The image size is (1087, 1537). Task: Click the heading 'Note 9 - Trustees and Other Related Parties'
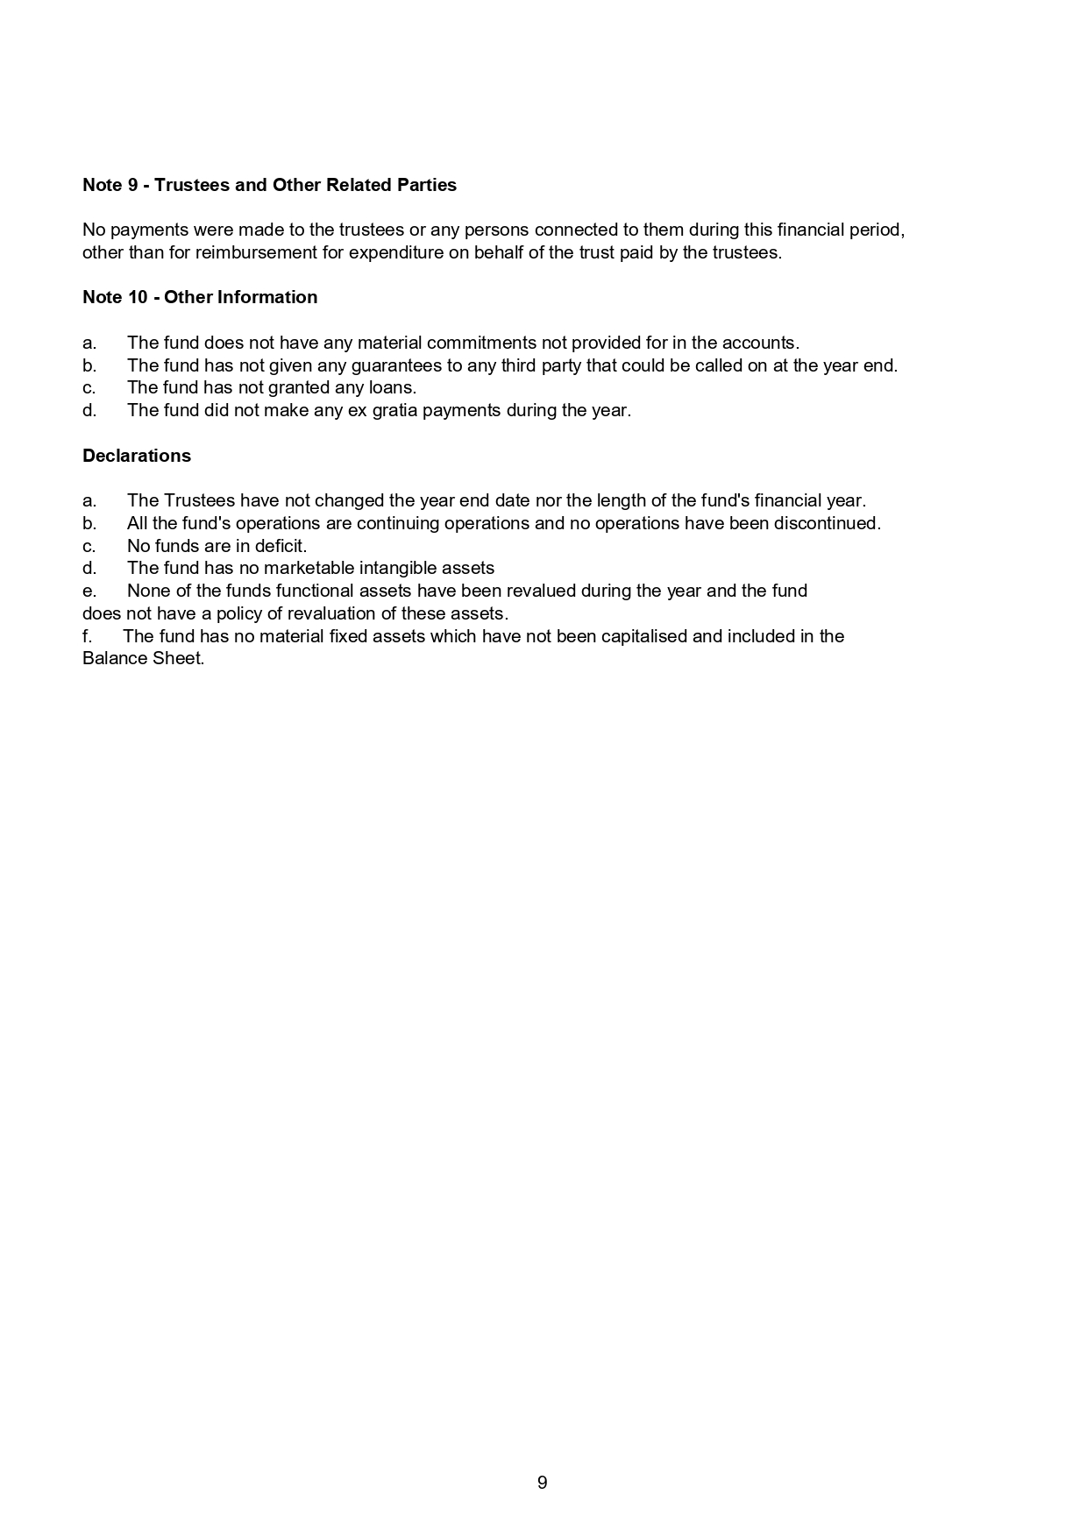pyautogui.click(x=269, y=185)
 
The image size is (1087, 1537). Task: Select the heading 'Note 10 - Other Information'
pyautogui.click(x=200, y=297)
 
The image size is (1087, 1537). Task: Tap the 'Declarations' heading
pyautogui.click(x=137, y=456)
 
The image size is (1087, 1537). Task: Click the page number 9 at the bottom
pyautogui.click(x=542, y=1483)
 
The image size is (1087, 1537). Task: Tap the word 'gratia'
pyautogui.click(x=394, y=410)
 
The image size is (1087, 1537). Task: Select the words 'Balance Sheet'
pyautogui.click(x=143, y=658)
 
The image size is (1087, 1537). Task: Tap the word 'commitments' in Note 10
pyautogui.click(x=481, y=343)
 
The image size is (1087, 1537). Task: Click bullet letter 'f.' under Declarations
pyautogui.click(x=87, y=636)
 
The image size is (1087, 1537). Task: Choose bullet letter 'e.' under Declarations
pyautogui.click(x=89, y=591)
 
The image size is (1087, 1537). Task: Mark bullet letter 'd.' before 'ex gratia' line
pyautogui.click(x=89, y=410)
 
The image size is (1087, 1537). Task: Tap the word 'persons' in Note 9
pyautogui.click(x=496, y=230)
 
